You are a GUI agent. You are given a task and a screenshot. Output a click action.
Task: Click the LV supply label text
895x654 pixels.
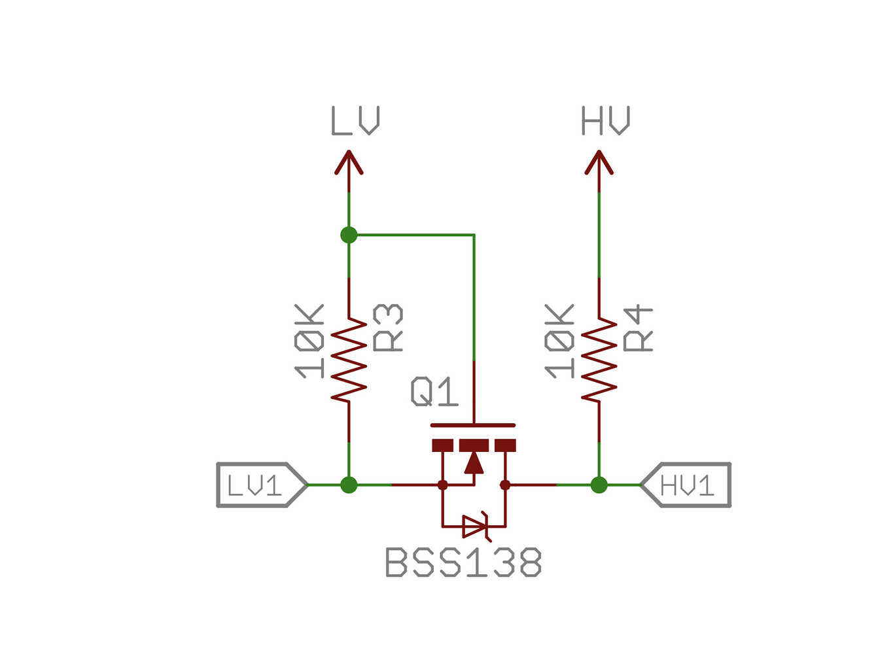(355, 121)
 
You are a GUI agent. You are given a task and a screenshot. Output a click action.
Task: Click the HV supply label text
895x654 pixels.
(605, 121)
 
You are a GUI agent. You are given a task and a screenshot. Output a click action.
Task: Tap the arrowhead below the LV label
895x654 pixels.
(349, 163)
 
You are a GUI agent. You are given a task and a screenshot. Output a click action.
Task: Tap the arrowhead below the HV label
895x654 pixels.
(599, 163)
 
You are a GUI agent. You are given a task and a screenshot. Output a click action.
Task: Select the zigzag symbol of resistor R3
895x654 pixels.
(349, 360)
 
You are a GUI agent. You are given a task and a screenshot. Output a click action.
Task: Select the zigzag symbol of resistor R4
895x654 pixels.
(599, 360)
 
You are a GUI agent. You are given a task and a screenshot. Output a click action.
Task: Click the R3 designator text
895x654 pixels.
(387, 328)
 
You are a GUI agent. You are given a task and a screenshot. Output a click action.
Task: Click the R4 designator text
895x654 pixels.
(638, 328)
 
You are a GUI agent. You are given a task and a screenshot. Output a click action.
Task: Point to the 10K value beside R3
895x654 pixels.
(309, 341)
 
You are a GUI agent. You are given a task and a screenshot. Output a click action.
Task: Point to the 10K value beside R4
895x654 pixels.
(560, 341)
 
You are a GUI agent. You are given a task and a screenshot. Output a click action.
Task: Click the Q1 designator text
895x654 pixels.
(434, 392)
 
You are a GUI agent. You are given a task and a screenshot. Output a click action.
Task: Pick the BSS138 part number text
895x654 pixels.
(463, 562)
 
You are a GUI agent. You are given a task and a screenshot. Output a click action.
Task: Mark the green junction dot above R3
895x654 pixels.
(349, 235)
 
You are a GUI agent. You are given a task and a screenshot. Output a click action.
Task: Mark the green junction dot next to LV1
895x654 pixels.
(349, 485)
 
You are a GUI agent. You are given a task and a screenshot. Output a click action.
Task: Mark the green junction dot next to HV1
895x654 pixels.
(599, 485)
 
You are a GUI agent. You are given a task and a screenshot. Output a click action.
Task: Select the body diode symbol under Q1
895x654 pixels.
(474, 526)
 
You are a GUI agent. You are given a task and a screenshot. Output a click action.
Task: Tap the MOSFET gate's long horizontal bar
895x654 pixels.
(473, 425)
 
